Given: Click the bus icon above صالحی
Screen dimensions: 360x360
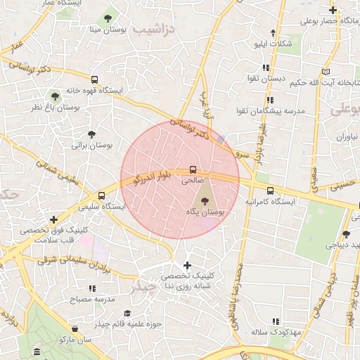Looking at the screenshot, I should coord(193,169).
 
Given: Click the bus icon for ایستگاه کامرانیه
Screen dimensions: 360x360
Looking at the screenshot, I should coord(270,191).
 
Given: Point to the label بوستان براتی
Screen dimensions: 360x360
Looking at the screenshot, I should coord(87,146).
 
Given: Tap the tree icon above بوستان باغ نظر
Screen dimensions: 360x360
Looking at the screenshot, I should coord(55,96).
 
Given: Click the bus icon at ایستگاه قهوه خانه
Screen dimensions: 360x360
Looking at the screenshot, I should coord(95,79).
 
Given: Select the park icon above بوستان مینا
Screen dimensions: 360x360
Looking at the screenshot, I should coord(108,18).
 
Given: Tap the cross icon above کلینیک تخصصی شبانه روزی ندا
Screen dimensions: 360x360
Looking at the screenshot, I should coord(187,265).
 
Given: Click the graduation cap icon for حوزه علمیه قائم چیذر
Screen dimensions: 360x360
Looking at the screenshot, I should coord(127,314).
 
